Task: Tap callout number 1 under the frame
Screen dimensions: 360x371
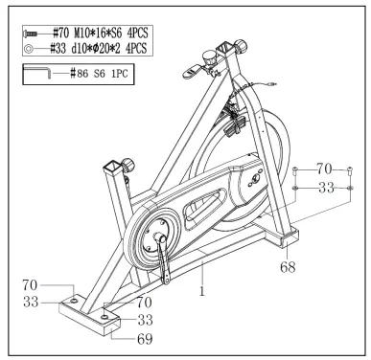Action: [x=202, y=290]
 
